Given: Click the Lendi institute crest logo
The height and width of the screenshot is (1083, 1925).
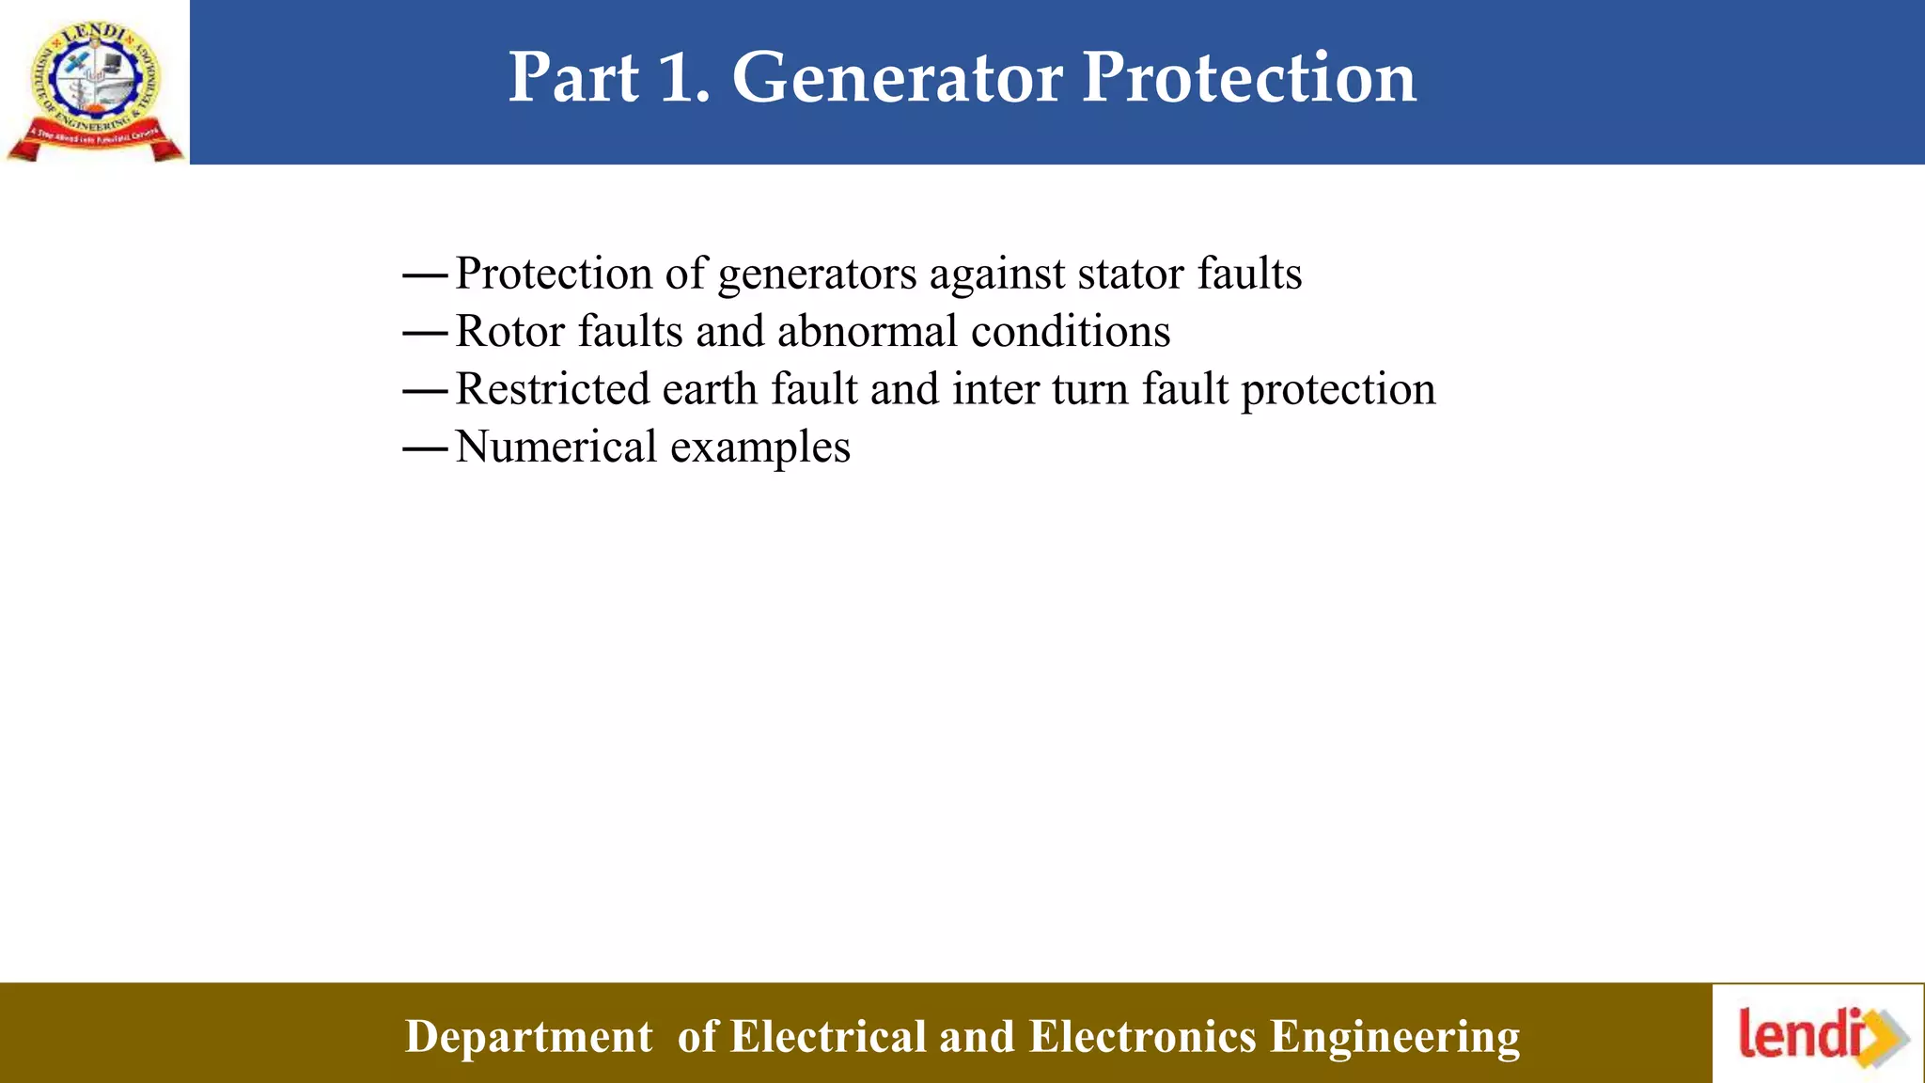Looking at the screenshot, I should tap(95, 89).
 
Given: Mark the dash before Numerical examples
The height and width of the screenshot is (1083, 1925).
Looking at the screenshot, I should tap(424, 449).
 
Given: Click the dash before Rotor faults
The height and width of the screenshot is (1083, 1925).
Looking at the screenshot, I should tap(424, 334).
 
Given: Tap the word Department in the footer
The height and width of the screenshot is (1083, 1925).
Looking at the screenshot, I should tap(528, 1037).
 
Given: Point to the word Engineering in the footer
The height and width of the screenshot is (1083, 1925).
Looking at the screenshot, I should tap(1395, 1037).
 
